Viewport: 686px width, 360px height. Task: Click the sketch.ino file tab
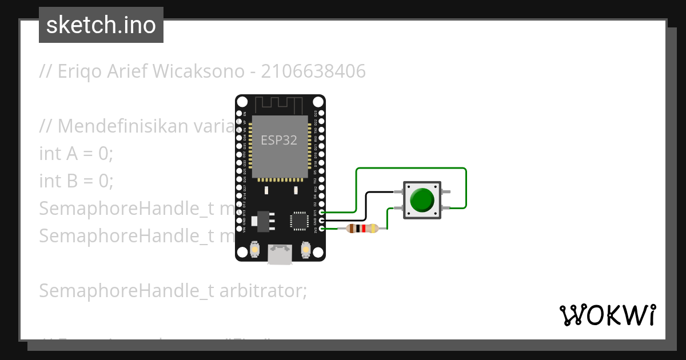101,25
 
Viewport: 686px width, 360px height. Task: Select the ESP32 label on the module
279,140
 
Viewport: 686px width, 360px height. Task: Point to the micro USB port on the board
280,255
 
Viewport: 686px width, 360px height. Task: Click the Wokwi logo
607,315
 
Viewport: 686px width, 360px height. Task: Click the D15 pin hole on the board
322,212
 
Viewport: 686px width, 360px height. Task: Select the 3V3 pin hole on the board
322,229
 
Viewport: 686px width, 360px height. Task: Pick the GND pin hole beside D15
322,221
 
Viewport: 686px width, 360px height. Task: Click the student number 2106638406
313,71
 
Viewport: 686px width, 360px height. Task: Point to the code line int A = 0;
77,154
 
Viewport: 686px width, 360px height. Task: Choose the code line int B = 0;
77,181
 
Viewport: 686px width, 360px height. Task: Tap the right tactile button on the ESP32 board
305,249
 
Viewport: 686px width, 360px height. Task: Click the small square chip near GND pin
299,221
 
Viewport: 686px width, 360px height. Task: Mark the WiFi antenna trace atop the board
279,105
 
